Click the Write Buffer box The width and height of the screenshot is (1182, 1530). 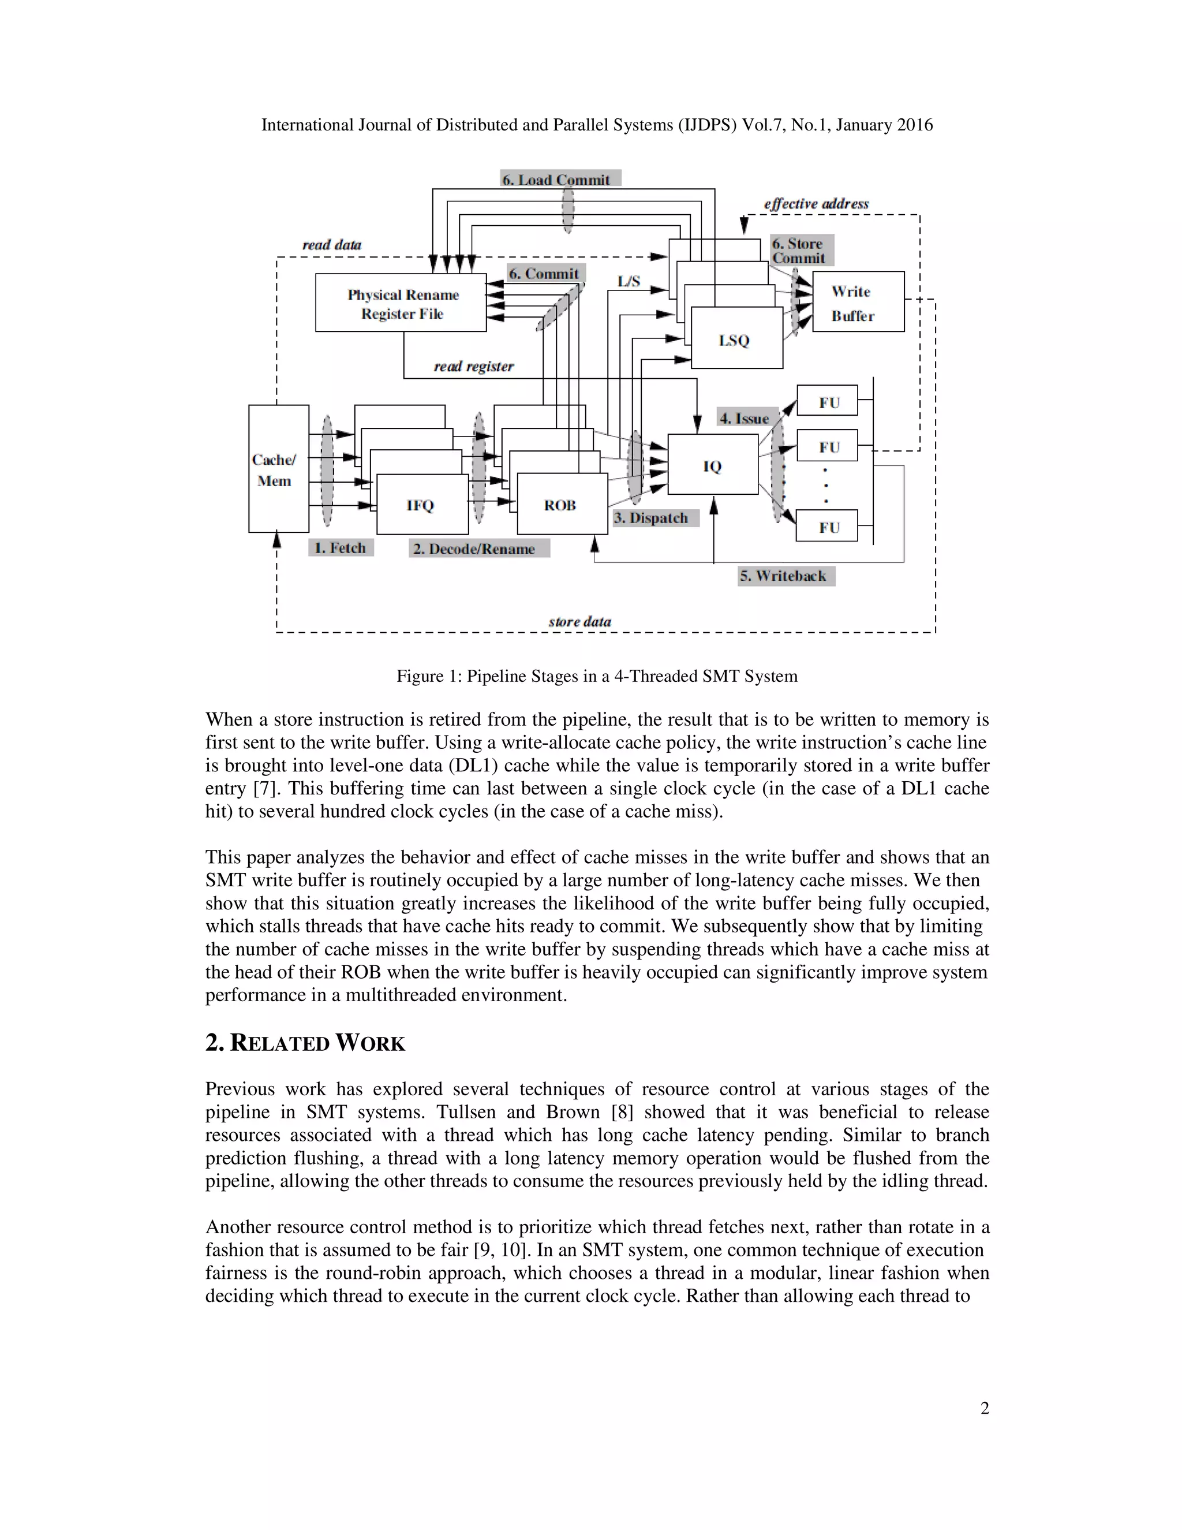pos(858,302)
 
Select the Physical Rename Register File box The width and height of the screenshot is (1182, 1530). pos(401,303)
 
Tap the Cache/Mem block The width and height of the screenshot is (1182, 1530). pos(278,469)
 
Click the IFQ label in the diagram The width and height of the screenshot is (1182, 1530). pos(421,506)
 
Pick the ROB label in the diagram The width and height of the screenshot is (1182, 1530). pos(560,506)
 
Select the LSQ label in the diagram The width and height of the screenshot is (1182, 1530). pos(734,341)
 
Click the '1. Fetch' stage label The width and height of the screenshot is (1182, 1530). pos(341,548)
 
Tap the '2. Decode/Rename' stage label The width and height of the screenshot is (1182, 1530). pos(478,548)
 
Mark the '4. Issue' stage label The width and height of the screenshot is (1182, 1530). pos(745,418)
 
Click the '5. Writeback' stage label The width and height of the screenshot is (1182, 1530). pos(784,576)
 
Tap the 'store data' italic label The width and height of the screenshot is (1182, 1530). pos(580,622)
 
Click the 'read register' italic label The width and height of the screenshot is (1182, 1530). pos(473,367)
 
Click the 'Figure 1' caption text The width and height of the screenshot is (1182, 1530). pos(597,676)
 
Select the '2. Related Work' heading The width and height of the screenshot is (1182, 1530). pos(305,1043)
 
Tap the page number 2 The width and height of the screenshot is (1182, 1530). pos(985,1408)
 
